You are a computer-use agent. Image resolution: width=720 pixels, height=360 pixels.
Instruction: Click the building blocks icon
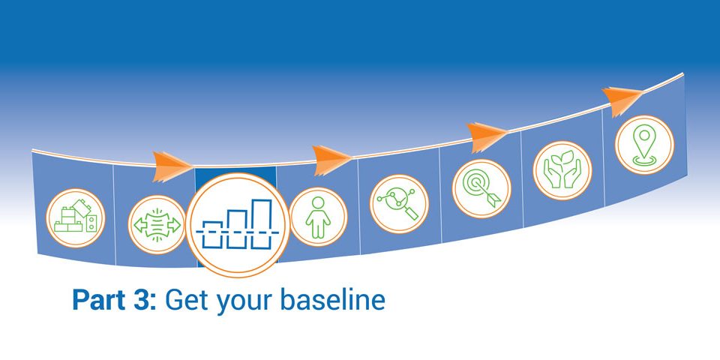75,218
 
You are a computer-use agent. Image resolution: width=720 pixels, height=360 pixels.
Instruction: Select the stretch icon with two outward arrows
157,224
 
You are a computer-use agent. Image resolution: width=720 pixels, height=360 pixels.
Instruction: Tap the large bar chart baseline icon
238,225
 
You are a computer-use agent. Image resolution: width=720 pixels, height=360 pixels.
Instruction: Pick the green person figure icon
318,217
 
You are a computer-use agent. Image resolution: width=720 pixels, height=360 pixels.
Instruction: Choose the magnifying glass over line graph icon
399,204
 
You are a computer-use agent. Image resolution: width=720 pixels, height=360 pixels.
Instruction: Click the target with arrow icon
481,188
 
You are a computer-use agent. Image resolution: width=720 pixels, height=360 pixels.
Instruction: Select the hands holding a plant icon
562,170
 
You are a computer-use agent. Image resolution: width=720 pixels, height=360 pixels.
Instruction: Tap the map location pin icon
644,145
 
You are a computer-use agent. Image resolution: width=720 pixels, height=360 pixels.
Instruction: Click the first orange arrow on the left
172,166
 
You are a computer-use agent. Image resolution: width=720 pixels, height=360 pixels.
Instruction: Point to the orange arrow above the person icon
331,160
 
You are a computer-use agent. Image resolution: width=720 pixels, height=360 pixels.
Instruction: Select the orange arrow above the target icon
486,136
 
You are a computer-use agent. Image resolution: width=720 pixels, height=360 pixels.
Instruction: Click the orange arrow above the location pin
622,100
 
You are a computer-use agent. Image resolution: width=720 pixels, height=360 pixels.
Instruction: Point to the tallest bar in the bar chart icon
261,224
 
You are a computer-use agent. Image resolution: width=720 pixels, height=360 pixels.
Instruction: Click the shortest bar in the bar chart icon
212,235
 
